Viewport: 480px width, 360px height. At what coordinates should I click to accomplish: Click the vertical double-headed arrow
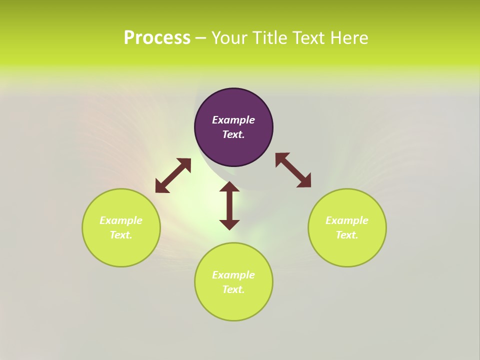pos(229,205)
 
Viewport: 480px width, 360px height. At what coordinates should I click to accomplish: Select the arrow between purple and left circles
pos(173,175)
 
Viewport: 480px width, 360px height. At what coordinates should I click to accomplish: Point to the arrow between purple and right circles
pos(293,170)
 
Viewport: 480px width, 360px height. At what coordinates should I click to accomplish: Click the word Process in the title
pos(157,38)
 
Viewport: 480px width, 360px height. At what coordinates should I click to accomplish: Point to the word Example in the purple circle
pos(233,120)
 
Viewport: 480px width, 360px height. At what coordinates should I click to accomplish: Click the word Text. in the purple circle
pos(233,134)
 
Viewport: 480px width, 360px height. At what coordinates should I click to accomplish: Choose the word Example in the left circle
pos(121,220)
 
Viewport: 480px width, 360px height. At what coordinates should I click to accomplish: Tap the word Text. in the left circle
pos(121,235)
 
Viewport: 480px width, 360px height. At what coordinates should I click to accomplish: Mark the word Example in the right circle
pos(347,220)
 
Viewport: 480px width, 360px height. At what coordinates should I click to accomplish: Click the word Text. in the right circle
pos(347,235)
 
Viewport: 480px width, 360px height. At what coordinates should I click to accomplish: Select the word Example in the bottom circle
pos(233,275)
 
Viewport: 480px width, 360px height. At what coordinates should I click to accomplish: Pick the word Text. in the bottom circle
pos(233,289)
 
